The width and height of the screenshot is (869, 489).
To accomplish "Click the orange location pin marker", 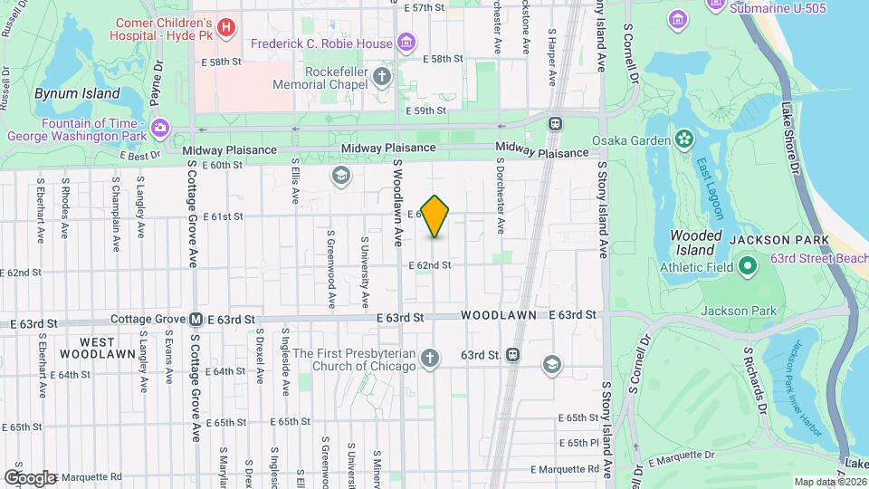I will (435, 216).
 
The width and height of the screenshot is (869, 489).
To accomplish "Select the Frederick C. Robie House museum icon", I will (406, 43).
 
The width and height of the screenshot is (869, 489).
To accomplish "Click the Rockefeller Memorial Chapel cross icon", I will (383, 76).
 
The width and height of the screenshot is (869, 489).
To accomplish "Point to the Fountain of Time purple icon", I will (160, 129).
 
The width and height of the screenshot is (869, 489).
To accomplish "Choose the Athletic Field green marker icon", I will (748, 267).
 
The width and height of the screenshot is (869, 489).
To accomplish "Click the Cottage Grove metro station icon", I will (196, 320).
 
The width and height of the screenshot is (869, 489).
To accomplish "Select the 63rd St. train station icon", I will (512, 355).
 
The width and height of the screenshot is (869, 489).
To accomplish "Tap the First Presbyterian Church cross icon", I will (429, 360).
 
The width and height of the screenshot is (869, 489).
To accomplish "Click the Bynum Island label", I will (77, 93).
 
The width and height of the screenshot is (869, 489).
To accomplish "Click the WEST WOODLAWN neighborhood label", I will (97, 347).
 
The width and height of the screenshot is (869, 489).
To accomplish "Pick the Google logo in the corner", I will (30, 477).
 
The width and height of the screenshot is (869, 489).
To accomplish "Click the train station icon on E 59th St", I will (555, 123).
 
